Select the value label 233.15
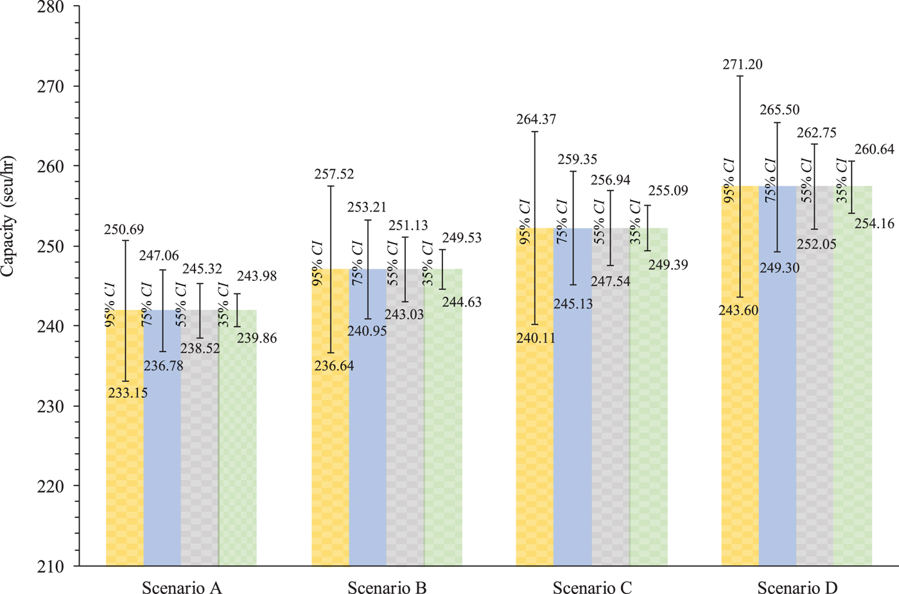tap(128, 393)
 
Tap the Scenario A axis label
tap(182, 586)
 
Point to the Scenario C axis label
tap(592, 586)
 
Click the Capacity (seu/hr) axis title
tap(8, 216)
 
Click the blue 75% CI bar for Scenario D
tap(777, 418)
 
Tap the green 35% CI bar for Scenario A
tap(238, 450)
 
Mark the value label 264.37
tap(536, 119)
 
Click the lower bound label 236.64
tap(334, 366)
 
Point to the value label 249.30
tap(780, 268)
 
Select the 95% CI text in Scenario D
tap(729, 181)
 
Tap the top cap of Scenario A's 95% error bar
tap(126, 240)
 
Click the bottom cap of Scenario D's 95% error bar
tap(740, 297)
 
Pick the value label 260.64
tap(875, 150)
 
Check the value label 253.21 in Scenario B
tap(368, 207)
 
